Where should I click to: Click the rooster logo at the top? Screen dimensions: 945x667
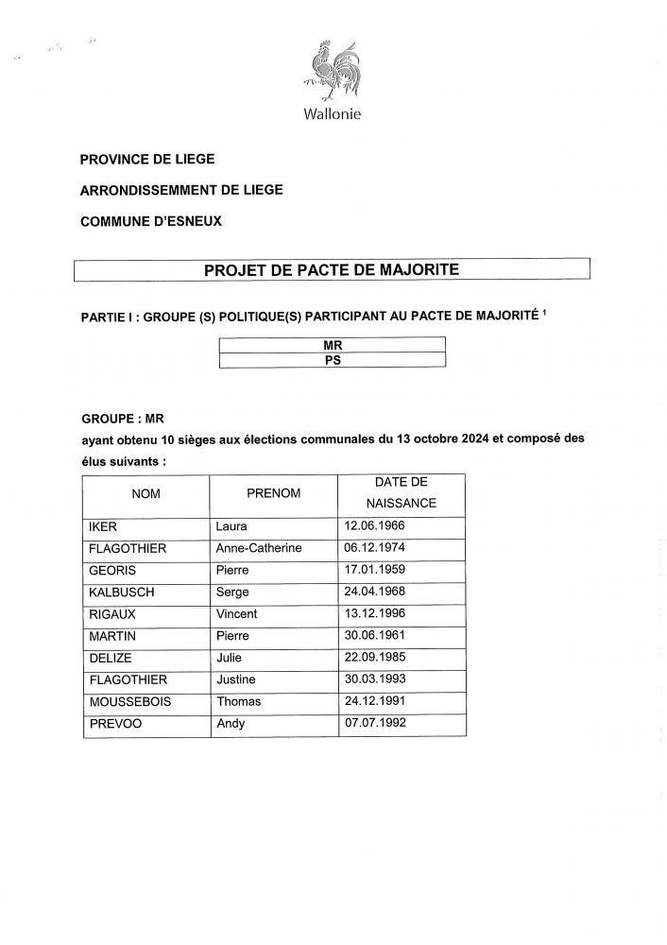332,68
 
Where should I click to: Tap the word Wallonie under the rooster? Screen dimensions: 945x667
333,115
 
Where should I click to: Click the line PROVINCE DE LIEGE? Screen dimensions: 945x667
147,159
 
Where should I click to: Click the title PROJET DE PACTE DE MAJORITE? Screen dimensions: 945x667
332,269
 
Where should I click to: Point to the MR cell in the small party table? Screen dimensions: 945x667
332,345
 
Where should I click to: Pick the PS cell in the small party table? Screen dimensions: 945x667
332,359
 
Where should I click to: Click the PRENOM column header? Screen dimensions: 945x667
273,493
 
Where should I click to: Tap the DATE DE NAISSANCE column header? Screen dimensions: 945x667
402,493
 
